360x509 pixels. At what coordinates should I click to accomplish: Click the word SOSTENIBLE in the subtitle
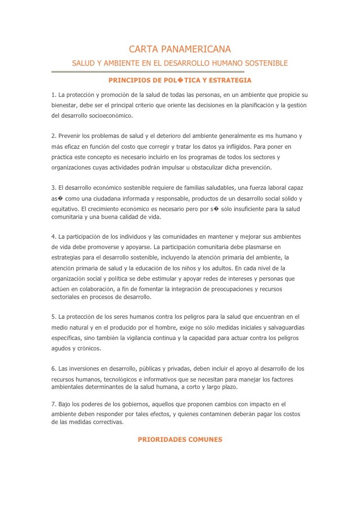pyautogui.click(x=263, y=64)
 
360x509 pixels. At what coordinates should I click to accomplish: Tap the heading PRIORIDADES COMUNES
pyautogui.click(x=180, y=439)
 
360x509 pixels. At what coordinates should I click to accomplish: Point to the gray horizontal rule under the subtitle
pyautogui.click(x=148, y=72)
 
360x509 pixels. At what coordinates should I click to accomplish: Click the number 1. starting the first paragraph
pyautogui.click(x=54, y=94)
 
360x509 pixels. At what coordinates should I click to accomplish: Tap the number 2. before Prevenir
pyautogui.click(x=54, y=135)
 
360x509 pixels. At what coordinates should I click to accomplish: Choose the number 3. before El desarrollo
pyautogui.click(x=54, y=188)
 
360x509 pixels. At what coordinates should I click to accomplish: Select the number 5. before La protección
pyautogui.click(x=54, y=316)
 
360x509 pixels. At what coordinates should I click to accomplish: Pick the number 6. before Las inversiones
pyautogui.click(x=54, y=369)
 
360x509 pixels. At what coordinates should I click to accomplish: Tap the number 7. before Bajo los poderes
pyautogui.click(x=54, y=404)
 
